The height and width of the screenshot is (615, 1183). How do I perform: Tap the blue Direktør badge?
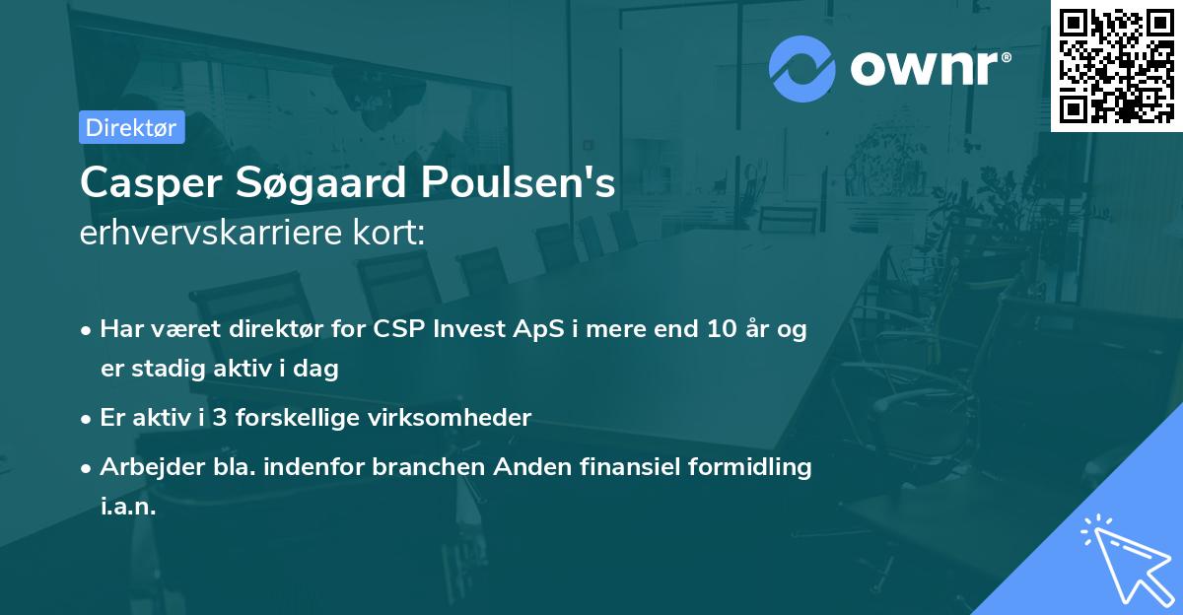click(131, 127)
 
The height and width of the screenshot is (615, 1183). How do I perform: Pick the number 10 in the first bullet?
click(708, 329)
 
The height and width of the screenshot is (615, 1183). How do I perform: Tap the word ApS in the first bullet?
click(532, 329)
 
